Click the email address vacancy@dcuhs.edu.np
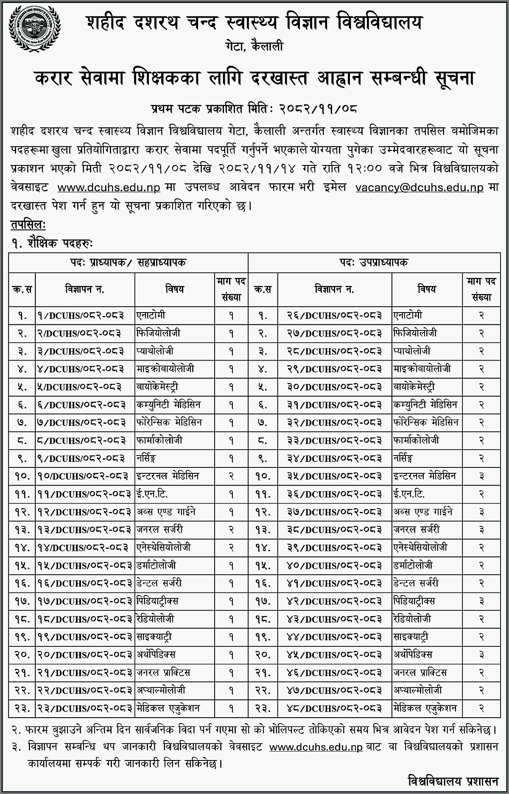[x=420, y=187]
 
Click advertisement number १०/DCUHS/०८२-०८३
[x=82, y=476]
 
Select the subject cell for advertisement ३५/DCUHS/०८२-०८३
[x=424, y=476]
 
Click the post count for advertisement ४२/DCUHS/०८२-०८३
[x=481, y=601]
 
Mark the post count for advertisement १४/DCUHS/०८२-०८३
[x=231, y=548]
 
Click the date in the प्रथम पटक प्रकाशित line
[x=318, y=109]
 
